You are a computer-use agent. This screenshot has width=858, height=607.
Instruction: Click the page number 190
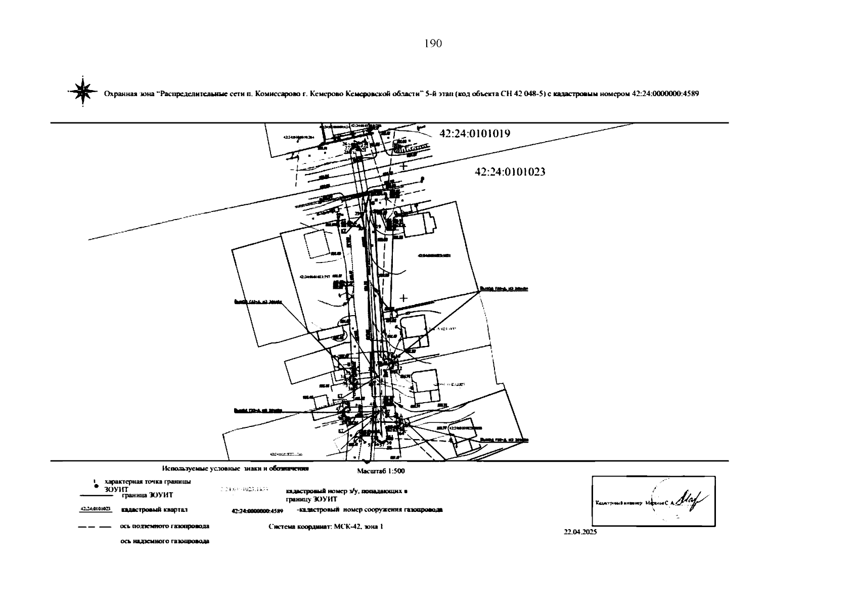point(433,44)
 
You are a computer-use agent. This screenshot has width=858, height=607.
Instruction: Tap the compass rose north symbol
point(82,91)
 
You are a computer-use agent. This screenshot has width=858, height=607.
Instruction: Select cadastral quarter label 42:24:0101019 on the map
point(475,134)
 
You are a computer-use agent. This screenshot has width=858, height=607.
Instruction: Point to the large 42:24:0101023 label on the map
point(510,172)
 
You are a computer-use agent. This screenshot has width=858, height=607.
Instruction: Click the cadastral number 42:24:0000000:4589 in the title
point(665,94)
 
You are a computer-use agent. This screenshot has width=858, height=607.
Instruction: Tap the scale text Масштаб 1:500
point(381,471)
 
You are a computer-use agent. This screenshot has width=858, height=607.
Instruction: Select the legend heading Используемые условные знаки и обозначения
point(235,468)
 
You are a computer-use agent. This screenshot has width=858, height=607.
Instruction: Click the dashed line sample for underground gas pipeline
point(95,527)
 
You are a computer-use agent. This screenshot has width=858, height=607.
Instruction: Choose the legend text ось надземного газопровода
point(164,541)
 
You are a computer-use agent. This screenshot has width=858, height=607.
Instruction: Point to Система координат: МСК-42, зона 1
point(326,527)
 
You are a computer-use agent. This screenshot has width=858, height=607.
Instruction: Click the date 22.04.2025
point(580,532)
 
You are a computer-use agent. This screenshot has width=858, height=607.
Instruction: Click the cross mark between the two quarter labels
point(403,166)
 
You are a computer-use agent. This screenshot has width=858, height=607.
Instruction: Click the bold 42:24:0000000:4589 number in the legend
point(257,511)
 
